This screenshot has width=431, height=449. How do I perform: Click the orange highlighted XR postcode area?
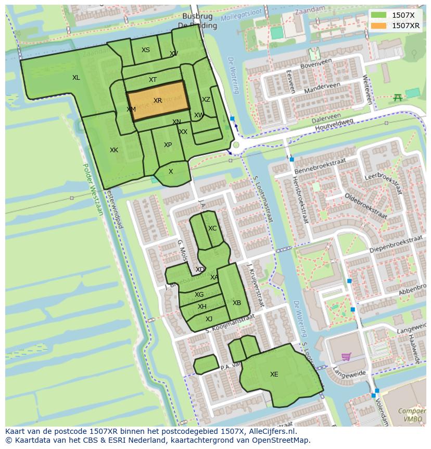(x=158, y=101)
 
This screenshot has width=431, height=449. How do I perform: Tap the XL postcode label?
(x=76, y=78)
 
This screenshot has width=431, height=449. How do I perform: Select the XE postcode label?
(x=274, y=374)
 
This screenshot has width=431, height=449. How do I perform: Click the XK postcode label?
(x=113, y=150)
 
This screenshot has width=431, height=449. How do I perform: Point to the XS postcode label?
(x=146, y=50)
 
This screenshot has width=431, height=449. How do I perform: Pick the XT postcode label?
(x=153, y=80)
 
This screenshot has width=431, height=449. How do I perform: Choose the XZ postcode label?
(x=206, y=100)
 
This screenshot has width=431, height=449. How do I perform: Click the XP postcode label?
(x=168, y=145)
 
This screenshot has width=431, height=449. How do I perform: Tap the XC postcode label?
(x=212, y=228)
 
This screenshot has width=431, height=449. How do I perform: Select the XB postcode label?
(x=237, y=303)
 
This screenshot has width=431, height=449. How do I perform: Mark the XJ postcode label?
(x=209, y=319)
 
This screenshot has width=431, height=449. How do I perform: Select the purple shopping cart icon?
(x=346, y=357)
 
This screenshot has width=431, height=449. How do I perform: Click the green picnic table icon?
(x=398, y=97)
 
